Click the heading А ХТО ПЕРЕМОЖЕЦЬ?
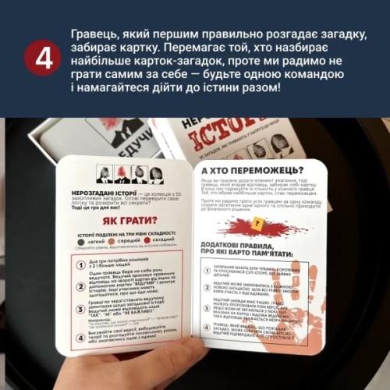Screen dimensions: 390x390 click(246, 169)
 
